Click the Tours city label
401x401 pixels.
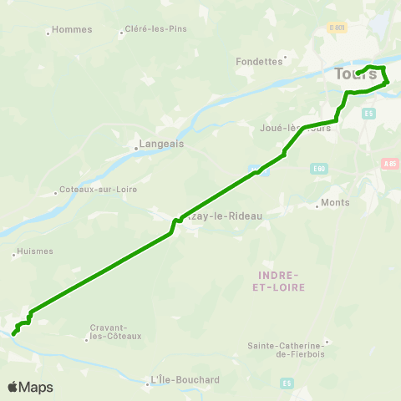click(355, 74)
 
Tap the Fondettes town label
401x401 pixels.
click(260, 61)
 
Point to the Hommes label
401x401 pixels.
click(72, 29)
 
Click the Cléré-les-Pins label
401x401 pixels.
click(155, 29)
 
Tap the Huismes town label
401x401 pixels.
click(34, 251)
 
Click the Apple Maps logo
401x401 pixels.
click(30, 387)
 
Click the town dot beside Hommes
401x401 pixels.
click(48, 33)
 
